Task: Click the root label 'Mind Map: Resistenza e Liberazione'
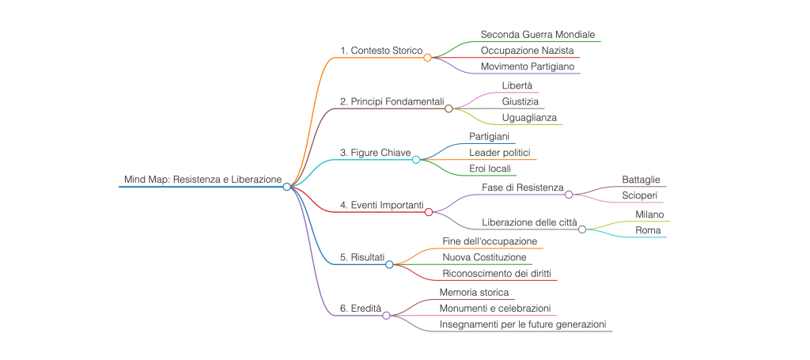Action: tap(202, 180)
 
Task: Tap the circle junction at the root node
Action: tap(287, 187)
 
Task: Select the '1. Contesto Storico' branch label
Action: tap(381, 51)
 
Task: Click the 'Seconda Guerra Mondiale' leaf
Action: tap(538, 35)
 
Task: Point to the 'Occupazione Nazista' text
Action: tap(528, 51)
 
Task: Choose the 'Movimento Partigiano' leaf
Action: tap(528, 66)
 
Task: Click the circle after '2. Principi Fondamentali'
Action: tap(449, 109)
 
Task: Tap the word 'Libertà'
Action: tap(517, 85)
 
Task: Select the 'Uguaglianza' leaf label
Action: tap(528, 117)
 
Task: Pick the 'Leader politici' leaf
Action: tap(500, 152)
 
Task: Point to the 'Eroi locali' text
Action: tap(490, 168)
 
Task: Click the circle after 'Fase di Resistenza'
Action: tap(569, 194)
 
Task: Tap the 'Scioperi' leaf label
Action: tap(640, 195)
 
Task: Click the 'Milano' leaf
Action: tap(649, 214)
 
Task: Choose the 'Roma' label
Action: tap(648, 229)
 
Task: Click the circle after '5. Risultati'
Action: tap(389, 264)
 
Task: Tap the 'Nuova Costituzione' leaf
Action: tap(484, 257)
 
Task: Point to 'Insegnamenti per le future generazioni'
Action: tap(523, 324)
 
